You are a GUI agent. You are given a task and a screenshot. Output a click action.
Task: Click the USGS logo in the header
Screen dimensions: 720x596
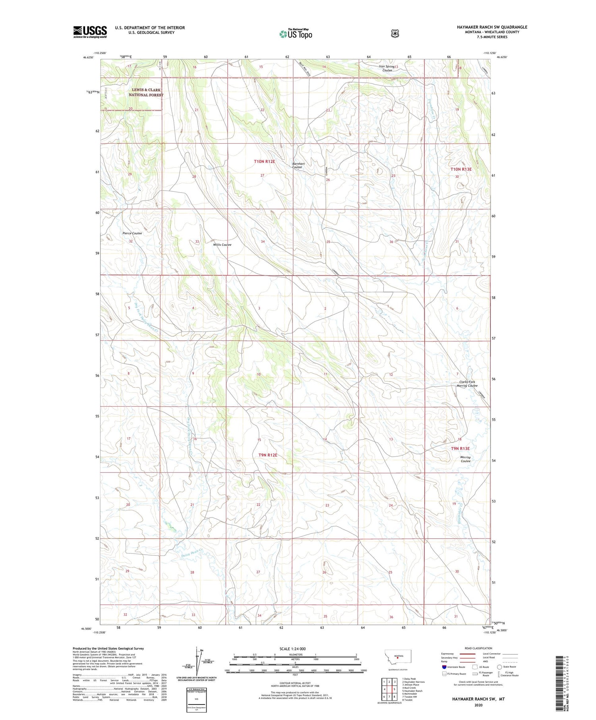90,32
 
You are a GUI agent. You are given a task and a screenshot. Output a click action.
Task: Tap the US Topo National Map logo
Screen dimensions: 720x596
296,33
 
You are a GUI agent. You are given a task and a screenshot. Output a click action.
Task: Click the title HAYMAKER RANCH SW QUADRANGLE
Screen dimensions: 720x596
492,27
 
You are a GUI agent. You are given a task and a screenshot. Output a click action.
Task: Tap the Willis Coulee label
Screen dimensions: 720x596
222,245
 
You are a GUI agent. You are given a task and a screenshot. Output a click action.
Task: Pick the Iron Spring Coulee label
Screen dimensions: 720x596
387,68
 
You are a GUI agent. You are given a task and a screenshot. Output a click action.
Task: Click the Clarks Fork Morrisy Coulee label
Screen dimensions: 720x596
467,384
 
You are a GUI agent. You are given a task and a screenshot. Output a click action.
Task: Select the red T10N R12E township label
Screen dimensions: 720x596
265,162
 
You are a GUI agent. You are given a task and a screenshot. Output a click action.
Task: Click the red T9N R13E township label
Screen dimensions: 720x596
460,448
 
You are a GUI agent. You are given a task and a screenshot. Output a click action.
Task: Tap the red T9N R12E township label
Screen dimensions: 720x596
267,455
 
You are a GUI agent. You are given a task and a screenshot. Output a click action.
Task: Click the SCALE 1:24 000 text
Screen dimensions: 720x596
292,649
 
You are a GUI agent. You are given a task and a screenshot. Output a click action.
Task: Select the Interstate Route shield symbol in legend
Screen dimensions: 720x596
444,667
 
